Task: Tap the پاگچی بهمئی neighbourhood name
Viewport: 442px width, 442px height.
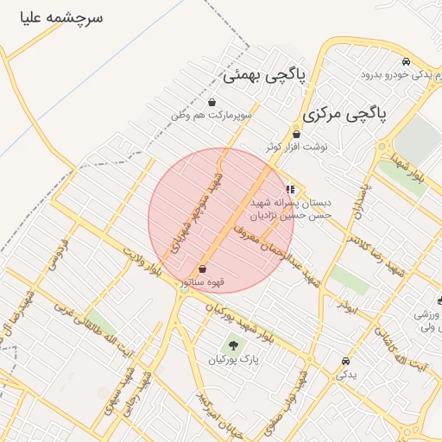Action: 265,75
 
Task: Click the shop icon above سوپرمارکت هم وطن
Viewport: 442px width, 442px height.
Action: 212,103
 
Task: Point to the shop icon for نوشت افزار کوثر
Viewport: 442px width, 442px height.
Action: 296,134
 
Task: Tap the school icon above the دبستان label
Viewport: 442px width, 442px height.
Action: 289,189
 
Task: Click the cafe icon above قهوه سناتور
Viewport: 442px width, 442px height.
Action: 202,268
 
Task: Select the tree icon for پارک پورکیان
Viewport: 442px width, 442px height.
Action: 233,345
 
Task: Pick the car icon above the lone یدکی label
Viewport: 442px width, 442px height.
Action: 345,361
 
